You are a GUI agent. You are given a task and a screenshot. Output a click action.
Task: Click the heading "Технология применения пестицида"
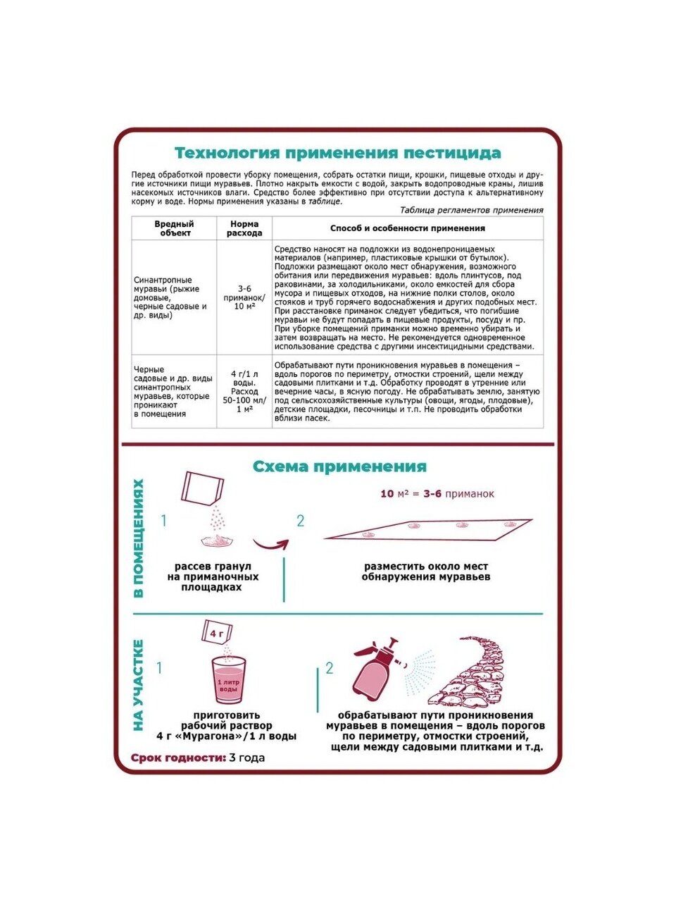337,153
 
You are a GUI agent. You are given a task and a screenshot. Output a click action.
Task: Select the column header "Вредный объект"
174,228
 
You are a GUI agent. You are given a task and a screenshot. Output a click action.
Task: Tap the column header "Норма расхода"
244,228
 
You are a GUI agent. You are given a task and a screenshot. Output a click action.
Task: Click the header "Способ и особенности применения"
407,228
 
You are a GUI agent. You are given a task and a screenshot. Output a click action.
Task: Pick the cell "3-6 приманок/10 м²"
244,297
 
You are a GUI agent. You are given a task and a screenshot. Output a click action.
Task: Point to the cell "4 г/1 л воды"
244,378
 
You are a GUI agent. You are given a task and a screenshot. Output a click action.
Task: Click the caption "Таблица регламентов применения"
471,210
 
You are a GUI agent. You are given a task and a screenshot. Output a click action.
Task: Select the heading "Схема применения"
339,467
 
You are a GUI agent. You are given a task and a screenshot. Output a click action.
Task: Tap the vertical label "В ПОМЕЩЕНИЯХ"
139,538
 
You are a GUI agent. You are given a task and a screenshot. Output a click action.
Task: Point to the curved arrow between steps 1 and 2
270,544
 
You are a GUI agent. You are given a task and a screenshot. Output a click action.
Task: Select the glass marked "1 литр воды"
229,680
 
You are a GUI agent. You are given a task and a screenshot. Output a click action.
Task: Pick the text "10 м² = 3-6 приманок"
437,494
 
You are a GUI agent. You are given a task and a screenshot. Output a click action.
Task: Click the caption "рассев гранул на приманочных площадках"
213,576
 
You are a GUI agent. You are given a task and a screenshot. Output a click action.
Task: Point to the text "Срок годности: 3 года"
197,758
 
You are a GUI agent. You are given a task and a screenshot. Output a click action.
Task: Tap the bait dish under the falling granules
218,540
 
